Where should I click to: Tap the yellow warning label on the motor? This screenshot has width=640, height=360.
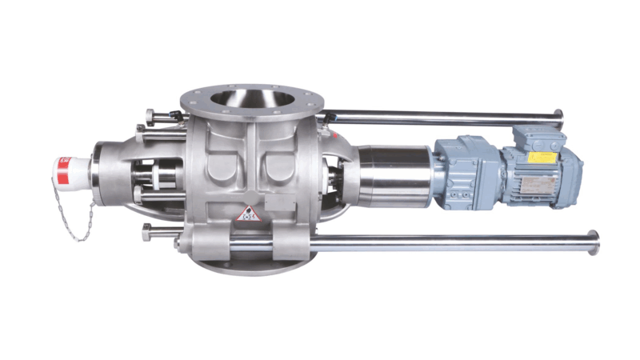542,158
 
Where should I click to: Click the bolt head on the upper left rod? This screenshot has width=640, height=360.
151,115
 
